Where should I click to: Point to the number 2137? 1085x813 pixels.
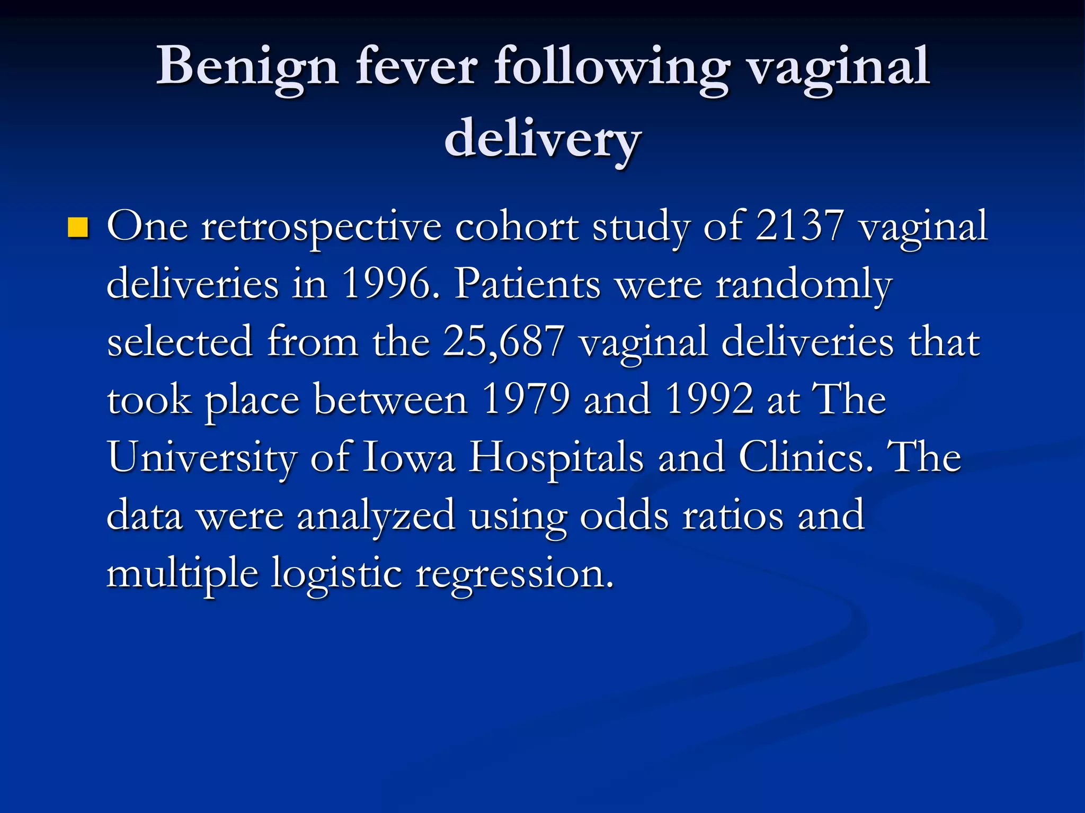tap(799, 227)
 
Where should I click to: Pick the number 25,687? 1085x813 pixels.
tap(503, 342)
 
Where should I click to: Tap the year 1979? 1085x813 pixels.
tap(526, 399)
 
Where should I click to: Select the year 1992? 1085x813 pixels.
tap(709, 399)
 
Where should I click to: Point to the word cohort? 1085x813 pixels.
tap(517, 227)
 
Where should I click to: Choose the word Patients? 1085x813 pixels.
tap(528, 284)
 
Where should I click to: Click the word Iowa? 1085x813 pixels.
tap(408, 457)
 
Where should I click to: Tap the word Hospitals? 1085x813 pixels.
tap(556, 458)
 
